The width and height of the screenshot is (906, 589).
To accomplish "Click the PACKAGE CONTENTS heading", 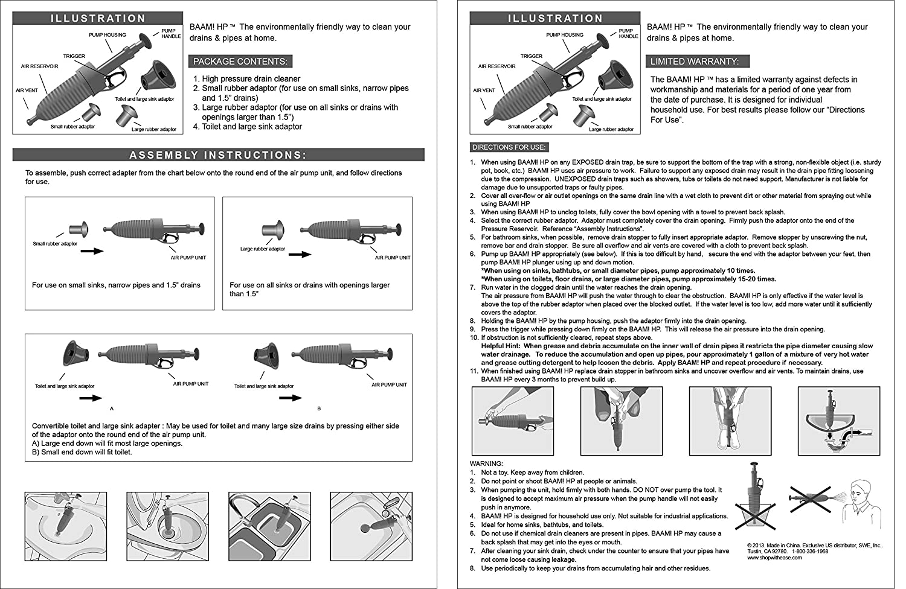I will [240, 62].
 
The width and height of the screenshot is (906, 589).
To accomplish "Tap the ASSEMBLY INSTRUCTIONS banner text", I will [218, 155].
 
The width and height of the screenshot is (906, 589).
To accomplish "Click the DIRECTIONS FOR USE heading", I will [509, 147].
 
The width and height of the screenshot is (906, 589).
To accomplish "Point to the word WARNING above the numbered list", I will [486, 464].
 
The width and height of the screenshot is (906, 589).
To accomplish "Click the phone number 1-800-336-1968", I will [810, 551].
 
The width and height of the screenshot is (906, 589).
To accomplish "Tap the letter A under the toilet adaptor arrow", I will [112, 409].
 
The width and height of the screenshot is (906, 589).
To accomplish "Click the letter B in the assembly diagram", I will [319, 409].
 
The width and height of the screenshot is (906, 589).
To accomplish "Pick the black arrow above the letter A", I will [91, 398].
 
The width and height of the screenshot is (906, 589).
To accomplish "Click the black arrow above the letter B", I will [290, 398].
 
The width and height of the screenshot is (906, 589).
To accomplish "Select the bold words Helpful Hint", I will [501, 346].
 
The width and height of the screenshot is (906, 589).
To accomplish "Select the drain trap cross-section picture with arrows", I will [838, 421].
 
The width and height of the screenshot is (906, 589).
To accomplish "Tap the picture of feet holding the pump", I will [730, 421].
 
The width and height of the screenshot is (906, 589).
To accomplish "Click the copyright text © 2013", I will [761, 545].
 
